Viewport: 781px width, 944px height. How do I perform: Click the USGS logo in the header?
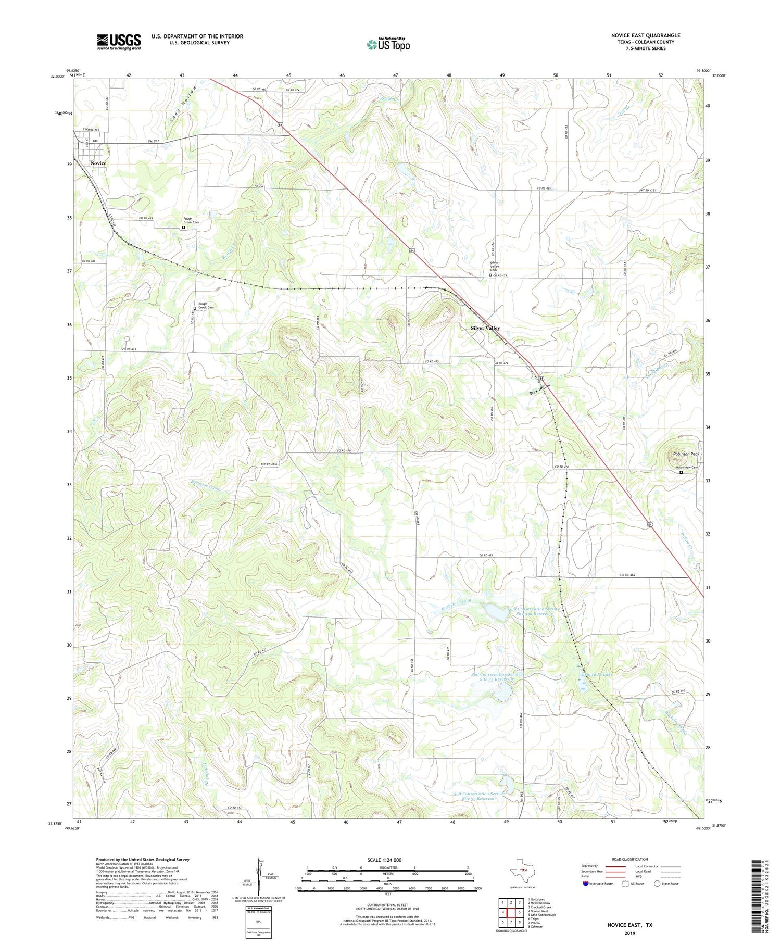119,42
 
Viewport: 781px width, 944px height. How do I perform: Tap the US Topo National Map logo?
388,44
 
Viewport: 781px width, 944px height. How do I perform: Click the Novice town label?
98,163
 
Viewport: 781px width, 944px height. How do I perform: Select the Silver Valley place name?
485,328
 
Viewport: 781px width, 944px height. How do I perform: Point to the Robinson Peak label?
686,454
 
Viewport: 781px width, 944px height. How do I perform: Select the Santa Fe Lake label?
597,674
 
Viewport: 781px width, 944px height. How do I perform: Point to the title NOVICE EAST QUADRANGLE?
646,36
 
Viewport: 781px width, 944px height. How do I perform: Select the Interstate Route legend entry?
600,883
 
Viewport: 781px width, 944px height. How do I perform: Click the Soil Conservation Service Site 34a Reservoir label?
534,611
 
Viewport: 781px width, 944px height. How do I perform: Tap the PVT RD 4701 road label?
269,464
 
